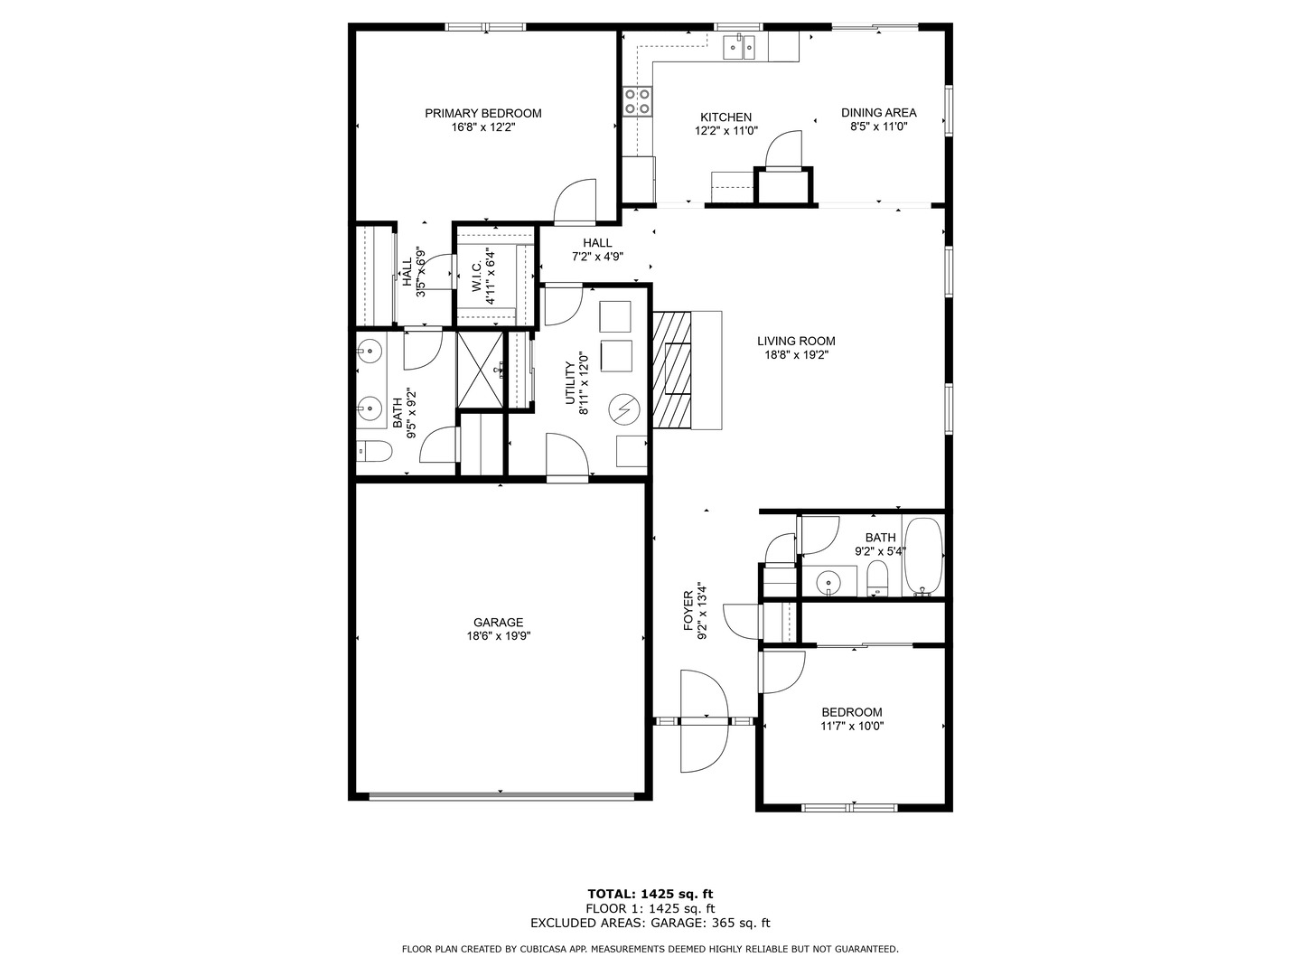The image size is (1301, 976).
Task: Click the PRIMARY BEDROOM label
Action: tap(483, 113)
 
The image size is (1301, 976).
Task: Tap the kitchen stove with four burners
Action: tap(637, 101)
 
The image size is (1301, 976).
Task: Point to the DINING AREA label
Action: tap(878, 113)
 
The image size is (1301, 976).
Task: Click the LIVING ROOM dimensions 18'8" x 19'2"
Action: tap(795, 355)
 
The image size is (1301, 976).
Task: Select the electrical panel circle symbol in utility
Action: tap(623, 411)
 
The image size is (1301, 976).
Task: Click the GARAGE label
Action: tap(498, 622)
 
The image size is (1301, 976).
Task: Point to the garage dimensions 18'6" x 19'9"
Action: tap(498, 636)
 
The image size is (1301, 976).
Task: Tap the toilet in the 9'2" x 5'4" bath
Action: tap(877, 579)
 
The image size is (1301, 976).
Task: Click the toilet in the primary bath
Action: tap(372, 450)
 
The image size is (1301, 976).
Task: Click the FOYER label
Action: tap(688, 612)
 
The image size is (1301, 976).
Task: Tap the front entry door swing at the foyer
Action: tap(703, 721)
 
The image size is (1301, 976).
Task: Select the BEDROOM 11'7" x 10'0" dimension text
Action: tap(851, 727)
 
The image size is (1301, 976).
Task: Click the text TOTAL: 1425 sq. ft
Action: tap(650, 894)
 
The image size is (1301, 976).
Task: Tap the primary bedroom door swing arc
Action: tap(576, 199)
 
